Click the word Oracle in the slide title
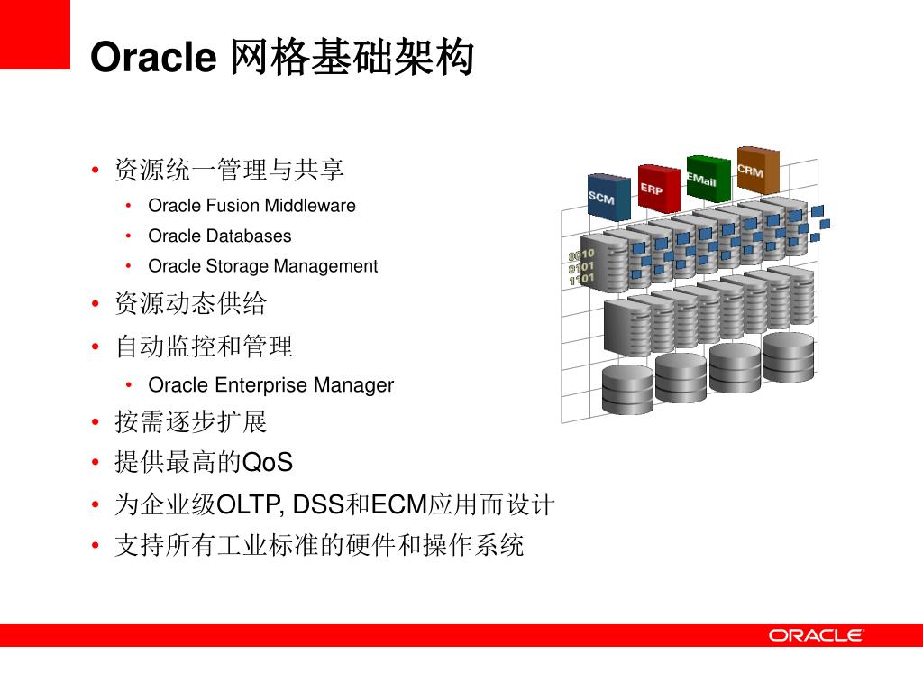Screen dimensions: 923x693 (153, 58)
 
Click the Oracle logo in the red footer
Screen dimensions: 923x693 (816, 635)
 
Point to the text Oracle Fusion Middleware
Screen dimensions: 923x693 (251, 206)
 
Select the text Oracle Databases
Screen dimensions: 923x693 (220, 236)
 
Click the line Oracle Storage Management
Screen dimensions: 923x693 (262, 266)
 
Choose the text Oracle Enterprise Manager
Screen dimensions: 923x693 (270, 385)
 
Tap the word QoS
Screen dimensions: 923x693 (269, 463)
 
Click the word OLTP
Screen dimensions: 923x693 (249, 504)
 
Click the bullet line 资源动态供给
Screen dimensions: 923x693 (190, 304)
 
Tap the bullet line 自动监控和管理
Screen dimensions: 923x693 (204, 346)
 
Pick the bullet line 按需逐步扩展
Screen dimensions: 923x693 (190, 421)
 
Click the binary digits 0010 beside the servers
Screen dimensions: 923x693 (581, 255)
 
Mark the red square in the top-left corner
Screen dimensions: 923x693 (34, 34)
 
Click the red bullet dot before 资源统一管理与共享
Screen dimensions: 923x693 (96, 171)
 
